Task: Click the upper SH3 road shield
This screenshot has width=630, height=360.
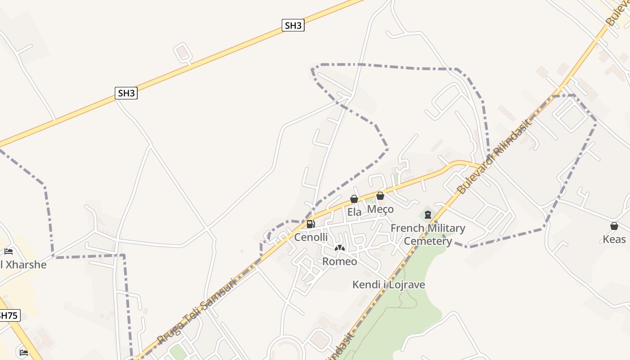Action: pyautogui.click(x=293, y=26)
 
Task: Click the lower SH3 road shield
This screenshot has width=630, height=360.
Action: pyautogui.click(x=126, y=93)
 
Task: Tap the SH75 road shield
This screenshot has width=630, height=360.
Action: pyautogui.click(x=8, y=315)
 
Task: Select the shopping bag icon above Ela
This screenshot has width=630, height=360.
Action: pyautogui.click(x=354, y=199)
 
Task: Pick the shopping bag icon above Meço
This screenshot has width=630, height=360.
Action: pyautogui.click(x=380, y=196)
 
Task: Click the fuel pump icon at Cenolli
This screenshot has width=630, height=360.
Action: pyautogui.click(x=310, y=224)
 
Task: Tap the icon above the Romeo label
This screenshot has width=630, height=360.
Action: pyautogui.click(x=340, y=248)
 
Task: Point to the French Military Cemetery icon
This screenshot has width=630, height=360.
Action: pyautogui.click(x=427, y=214)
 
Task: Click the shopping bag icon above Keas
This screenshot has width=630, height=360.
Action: pyautogui.click(x=614, y=226)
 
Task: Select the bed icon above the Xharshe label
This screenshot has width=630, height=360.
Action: pyautogui.click(x=9, y=252)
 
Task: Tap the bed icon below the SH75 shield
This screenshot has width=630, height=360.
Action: pyautogui.click(x=24, y=352)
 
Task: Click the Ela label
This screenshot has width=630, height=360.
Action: pyautogui.click(x=354, y=212)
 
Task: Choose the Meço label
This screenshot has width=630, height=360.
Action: pyautogui.click(x=380, y=209)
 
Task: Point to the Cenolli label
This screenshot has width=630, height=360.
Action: pyautogui.click(x=311, y=237)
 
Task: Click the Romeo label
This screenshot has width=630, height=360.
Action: pyautogui.click(x=340, y=261)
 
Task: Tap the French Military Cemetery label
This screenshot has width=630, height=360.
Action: pyautogui.click(x=427, y=234)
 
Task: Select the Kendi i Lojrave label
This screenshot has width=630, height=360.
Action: pyautogui.click(x=388, y=285)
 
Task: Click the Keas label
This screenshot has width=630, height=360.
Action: pyautogui.click(x=614, y=239)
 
